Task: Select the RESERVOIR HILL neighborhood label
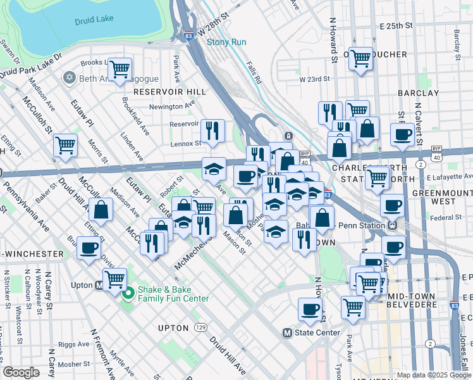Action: [x=169, y=92]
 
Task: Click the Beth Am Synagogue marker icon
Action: [x=70, y=78]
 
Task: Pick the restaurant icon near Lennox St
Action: [x=213, y=130]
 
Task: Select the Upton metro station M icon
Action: [x=99, y=286]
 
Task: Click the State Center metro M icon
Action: [x=287, y=332]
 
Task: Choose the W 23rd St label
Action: [x=316, y=79]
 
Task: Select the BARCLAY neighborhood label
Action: [x=418, y=93]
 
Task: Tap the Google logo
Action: [x=21, y=372]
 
